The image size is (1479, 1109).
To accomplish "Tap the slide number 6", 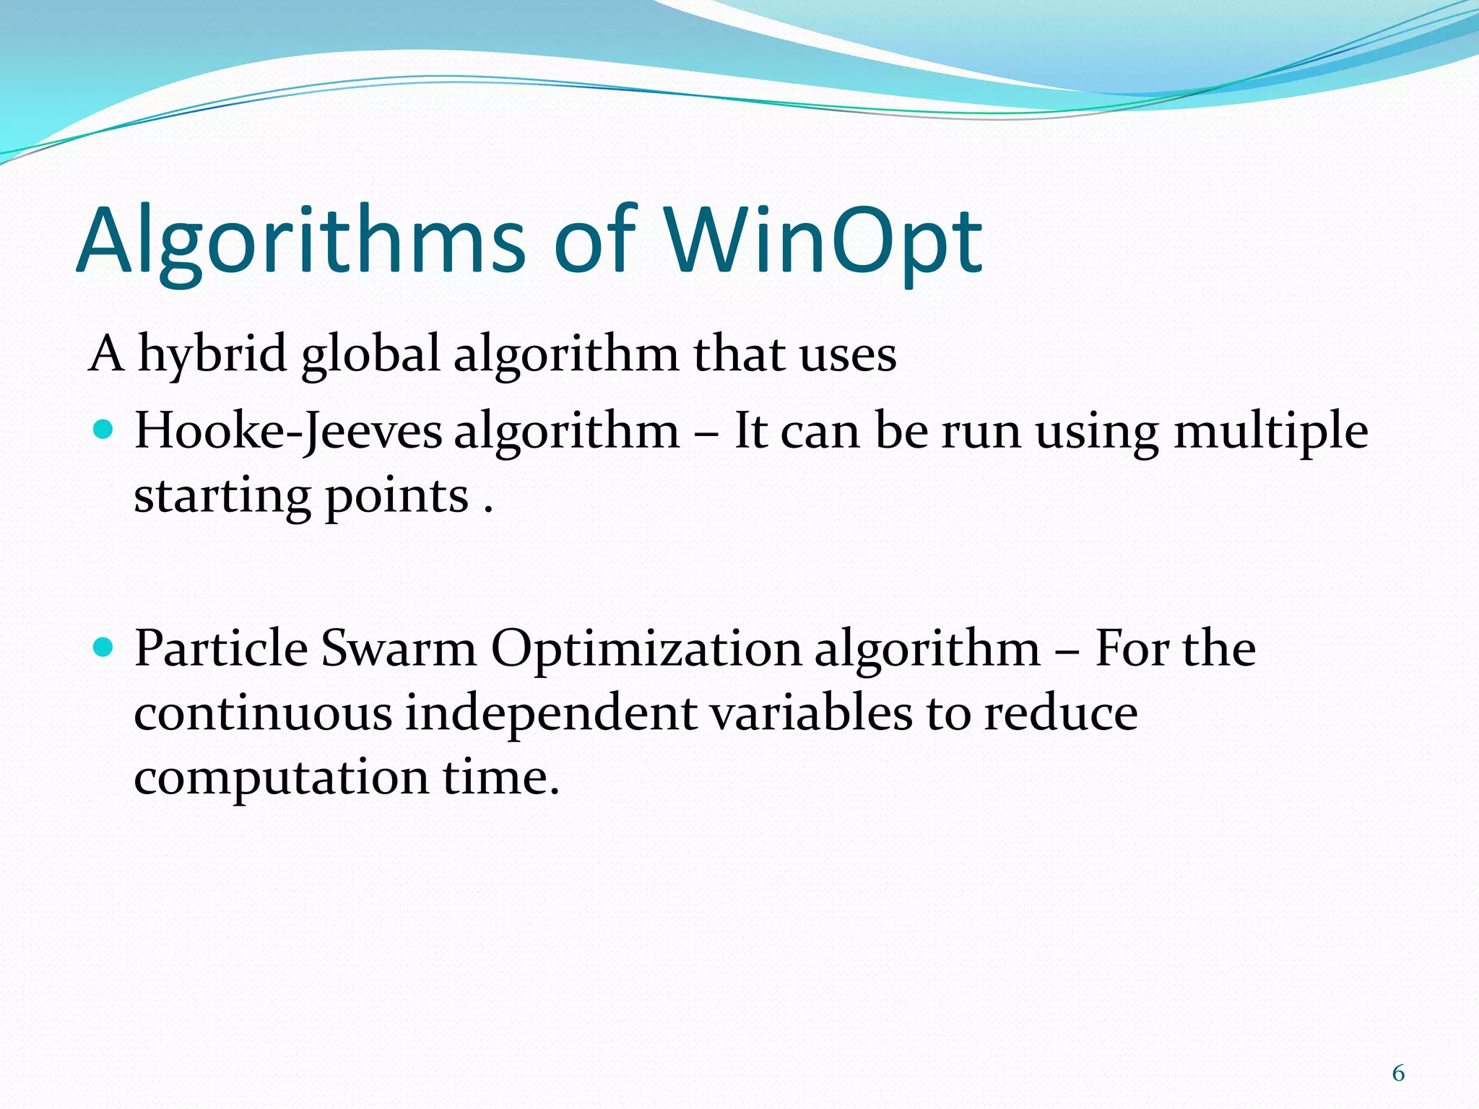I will pos(1398,1073).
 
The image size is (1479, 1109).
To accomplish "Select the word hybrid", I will pos(212,355).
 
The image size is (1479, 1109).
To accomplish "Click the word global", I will pos(370,355).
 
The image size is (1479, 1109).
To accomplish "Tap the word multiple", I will pos(1270,432).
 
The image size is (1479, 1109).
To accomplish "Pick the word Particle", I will pos(221,648).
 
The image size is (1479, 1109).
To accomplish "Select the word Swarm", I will pos(398,648).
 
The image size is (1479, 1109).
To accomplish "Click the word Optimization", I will pos(646,648).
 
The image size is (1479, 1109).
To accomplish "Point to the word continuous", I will pos(263,713).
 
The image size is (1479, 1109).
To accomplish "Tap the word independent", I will pos(550,713).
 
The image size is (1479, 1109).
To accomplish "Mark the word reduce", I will pos(1061,713).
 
